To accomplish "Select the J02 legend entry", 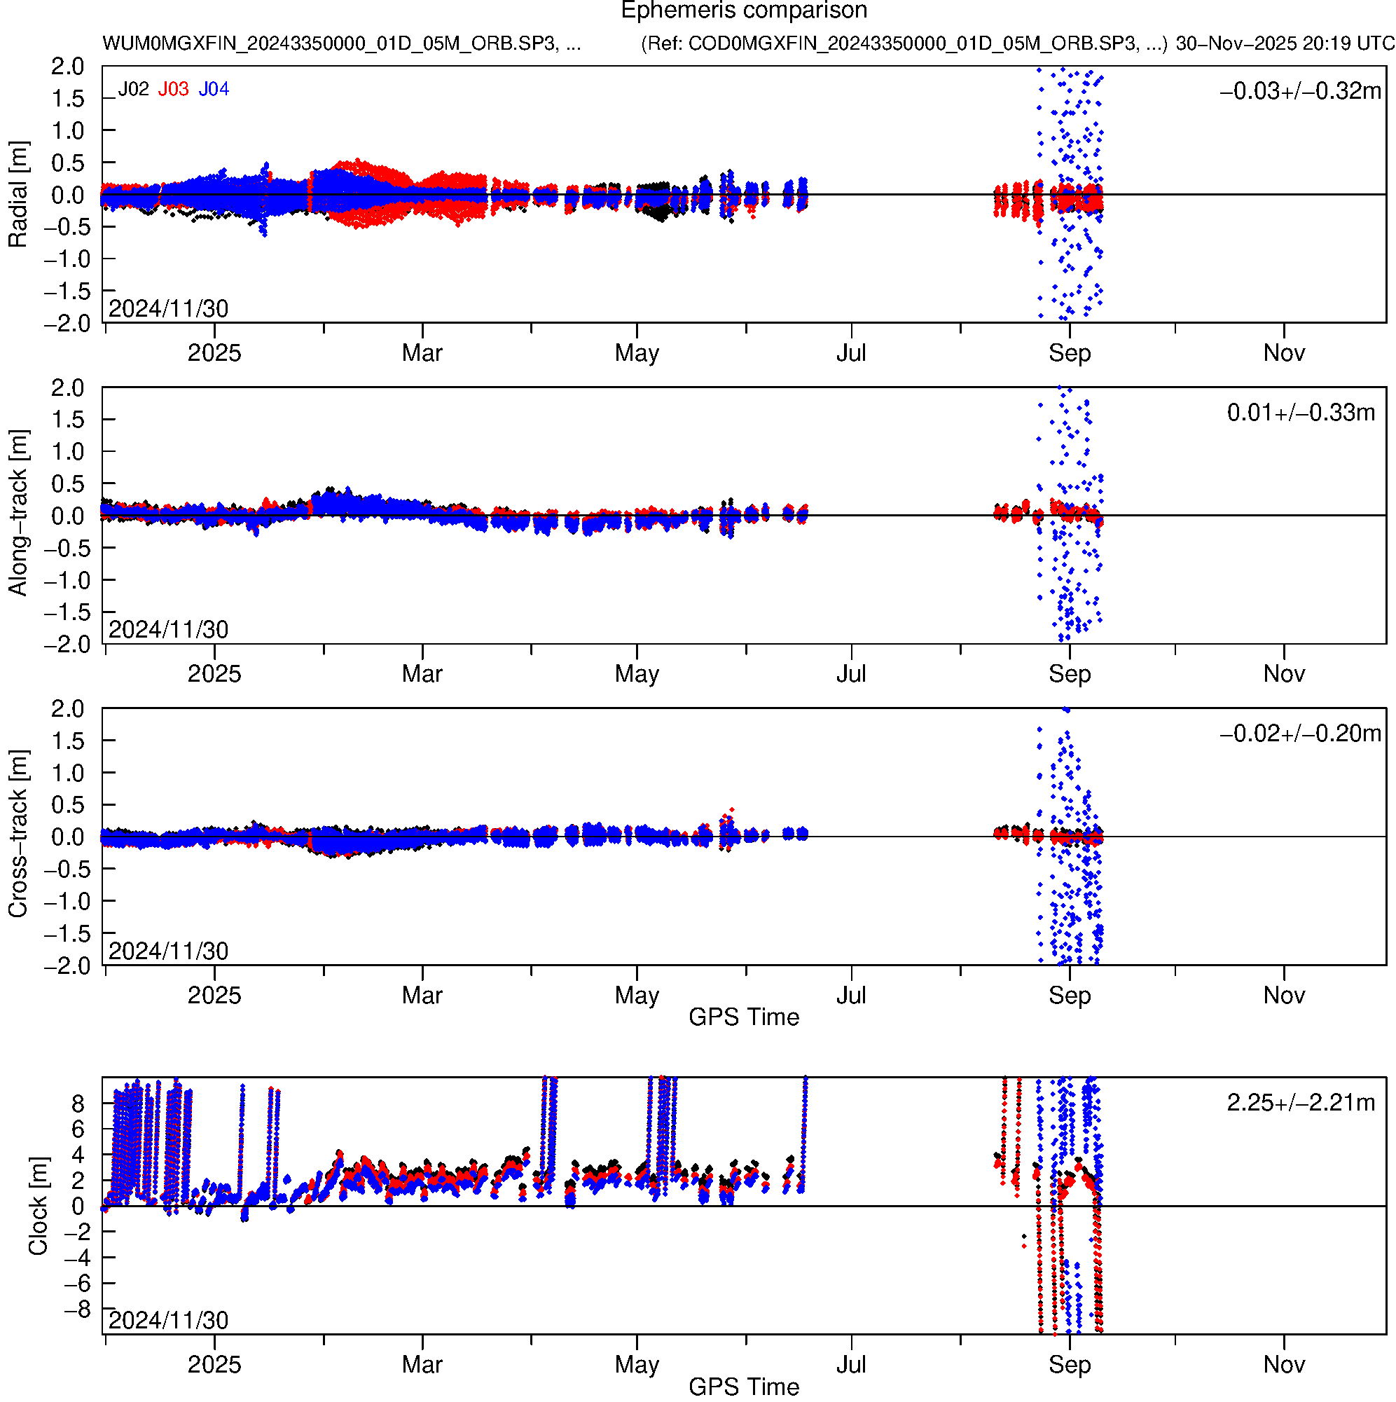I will pyautogui.click(x=134, y=89).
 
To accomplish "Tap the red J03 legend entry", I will pyautogui.click(x=174, y=89).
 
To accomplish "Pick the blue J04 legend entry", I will pyautogui.click(x=214, y=89).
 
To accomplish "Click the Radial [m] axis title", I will pyautogui.click(x=18, y=195).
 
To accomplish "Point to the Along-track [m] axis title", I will pyautogui.click(x=18, y=512).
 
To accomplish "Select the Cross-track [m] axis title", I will pyautogui.click(x=18, y=834).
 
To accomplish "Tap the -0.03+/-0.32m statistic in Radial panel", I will pyautogui.click(x=1299, y=91).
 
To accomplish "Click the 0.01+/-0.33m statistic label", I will pyautogui.click(x=1300, y=413).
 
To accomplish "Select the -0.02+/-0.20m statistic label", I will pyautogui.click(x=1299, y=734).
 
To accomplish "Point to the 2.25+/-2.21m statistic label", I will pyautogui.click(x=1300, y=1103).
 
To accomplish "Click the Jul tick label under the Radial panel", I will pyautogui.click(x=850, y=353).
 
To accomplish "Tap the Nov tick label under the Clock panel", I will pyautogui.click(x=1283, y=1365).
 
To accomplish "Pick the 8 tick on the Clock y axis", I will pyautogui.click(x=78, y=1104).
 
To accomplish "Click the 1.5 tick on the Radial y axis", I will pyautogui.click(x=67, y=99).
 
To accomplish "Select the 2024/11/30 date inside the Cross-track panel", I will pyautogui.click(x=168, y=951).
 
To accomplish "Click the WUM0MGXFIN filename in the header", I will pyautogui.click(x=341, y=43).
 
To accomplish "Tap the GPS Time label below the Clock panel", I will pyautogui.click(x=743, y=1387).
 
